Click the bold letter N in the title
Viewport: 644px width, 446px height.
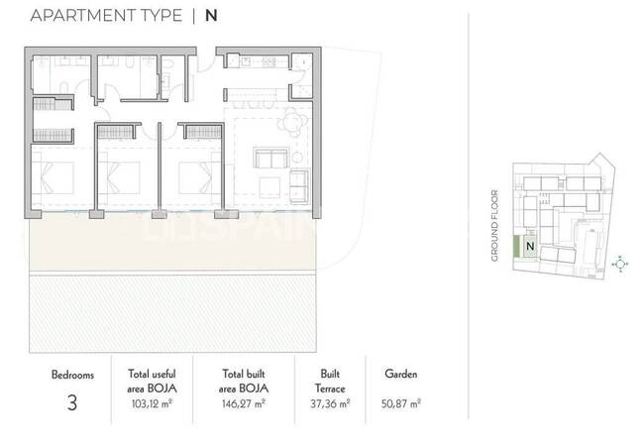click(x=211, y=16)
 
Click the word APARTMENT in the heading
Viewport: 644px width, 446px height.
click(x=84, y=16)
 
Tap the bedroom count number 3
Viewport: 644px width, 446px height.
click(x=72, y=402)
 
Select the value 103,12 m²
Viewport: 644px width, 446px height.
click(x=152, y=403)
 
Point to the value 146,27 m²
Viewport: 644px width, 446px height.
click(x=243, y=403)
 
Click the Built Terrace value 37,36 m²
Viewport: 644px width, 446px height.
click(x=330, y=403)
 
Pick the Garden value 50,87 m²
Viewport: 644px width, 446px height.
click(x=401, y=403)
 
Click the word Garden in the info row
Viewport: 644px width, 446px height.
click(x=401, y=374)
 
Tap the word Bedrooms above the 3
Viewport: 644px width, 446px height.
click(x=72, y=375)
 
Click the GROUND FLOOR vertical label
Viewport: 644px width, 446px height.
click(x=494, y=225)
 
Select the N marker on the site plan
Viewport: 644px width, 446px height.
click(x=530, y=246)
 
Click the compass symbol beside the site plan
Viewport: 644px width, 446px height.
click(x=620, y=264)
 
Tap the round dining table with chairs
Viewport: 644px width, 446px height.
click(x=292, y=122)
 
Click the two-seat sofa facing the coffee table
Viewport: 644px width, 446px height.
click(x=271, y=159)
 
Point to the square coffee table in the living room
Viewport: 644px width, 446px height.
click(x=269, y=186)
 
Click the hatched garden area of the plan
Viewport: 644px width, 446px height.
click(x=173, y=314)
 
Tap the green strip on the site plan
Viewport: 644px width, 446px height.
click(x=516, y=247)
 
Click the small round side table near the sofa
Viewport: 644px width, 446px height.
click(x=297, y=158)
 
